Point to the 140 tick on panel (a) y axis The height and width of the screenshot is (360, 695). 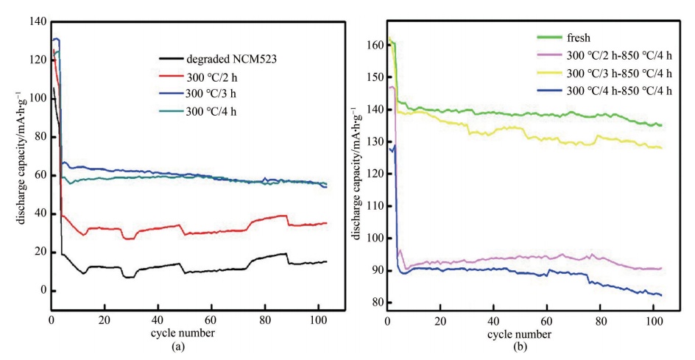pyautogui.click(x=38, y=22)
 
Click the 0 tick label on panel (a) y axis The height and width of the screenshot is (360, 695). pyautogui.click(x=42, y=290)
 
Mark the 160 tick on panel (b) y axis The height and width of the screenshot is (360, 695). pyautogui.click(x=375, y=45)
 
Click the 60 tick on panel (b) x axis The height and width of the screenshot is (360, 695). pyautogui.click(x=546, y=322)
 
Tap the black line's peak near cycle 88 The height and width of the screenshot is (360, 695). pyautogui.click(x=286, y=254)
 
